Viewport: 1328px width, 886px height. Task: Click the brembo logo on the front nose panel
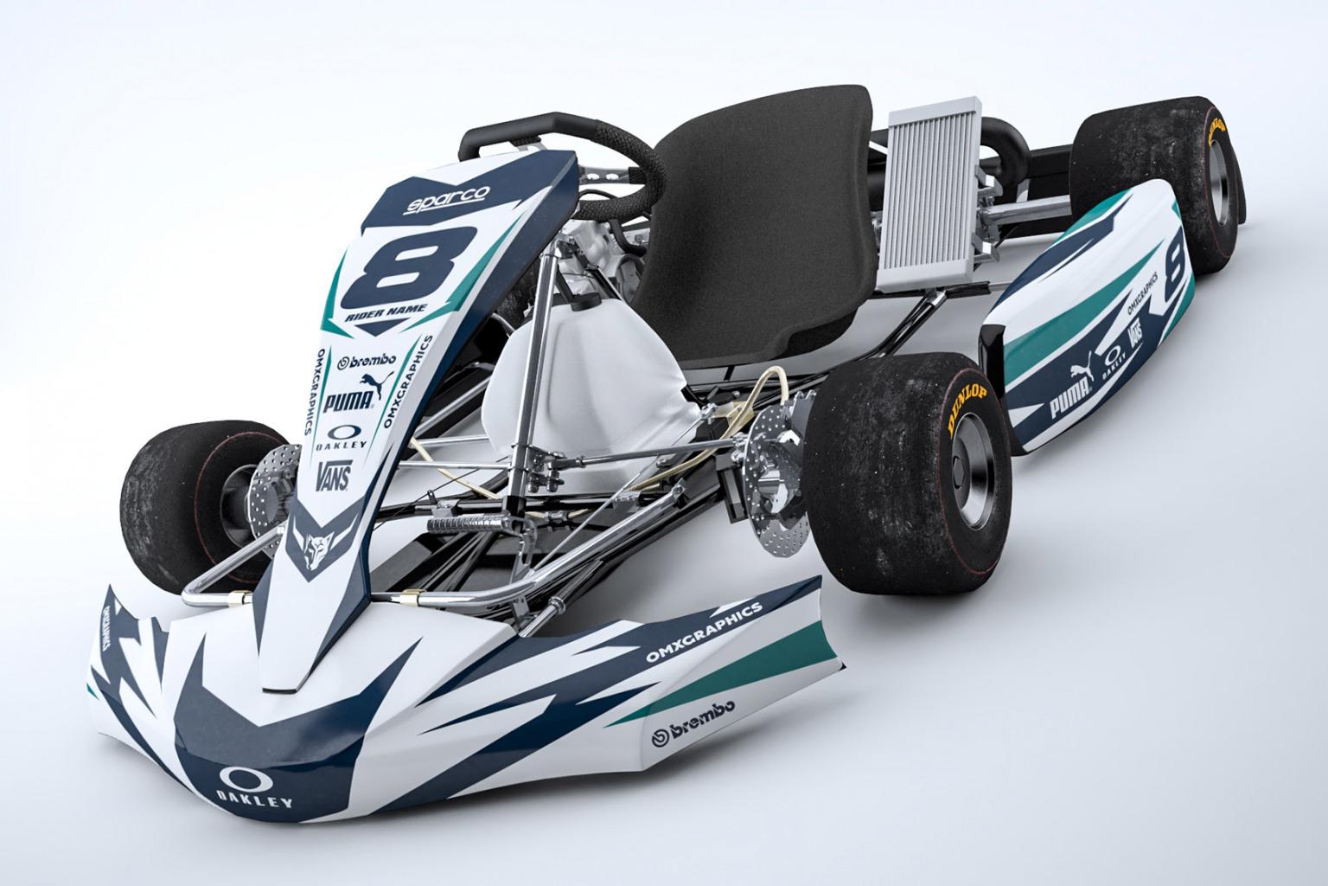[367, 362]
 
